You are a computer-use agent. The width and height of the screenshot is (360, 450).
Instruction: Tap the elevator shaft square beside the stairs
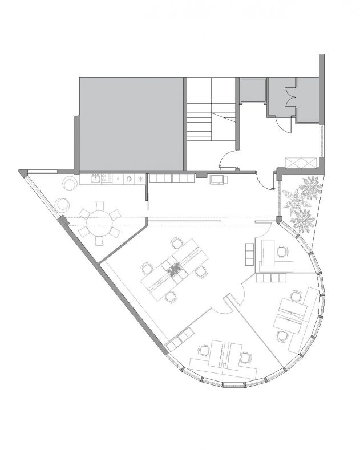tap(252, 90)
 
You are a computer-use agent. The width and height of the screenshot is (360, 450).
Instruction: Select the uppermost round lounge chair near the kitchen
tap(70, 184)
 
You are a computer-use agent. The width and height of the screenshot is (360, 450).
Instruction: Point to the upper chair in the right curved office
tap(296, 296)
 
